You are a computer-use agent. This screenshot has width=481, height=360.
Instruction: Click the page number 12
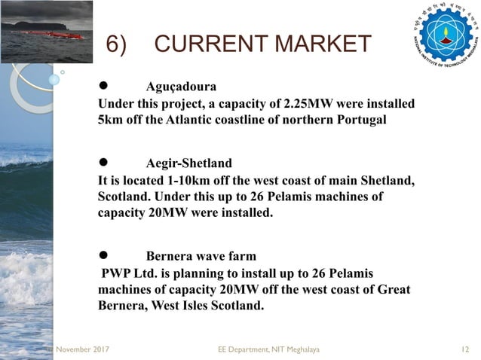tap(465, 350)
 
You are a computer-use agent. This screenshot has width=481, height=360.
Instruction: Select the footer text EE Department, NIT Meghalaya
tap(268, 350)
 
